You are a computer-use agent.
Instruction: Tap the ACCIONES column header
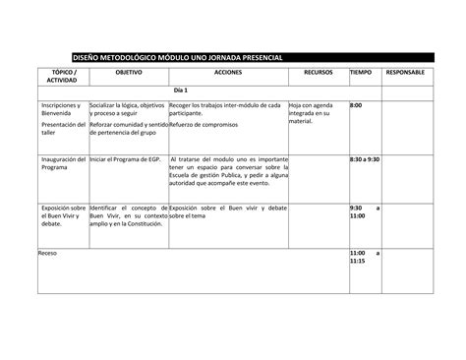226,74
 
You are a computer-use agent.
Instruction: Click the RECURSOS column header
317,74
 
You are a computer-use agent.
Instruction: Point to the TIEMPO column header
361,74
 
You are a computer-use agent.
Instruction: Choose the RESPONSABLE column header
405,74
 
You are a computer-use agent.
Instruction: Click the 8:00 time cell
356,104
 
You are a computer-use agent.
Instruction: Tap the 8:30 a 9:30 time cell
366,158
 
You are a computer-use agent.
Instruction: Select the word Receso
47,254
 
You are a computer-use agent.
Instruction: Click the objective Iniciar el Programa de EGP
126,158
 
